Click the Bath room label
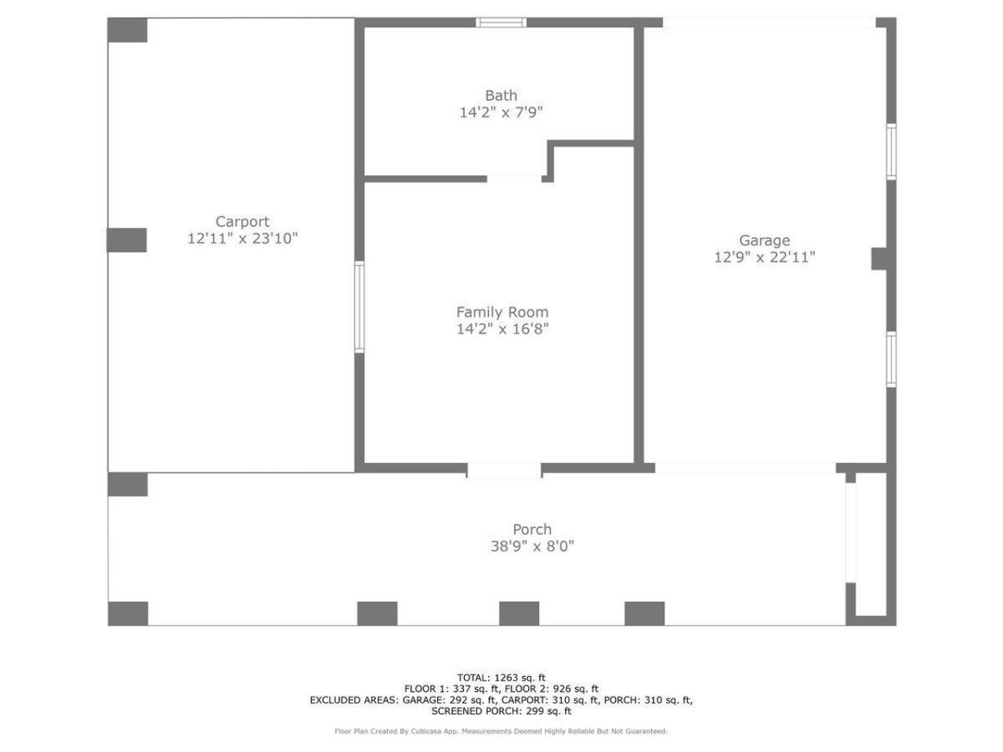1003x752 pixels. [x=501, y=96]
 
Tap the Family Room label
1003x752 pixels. [x=502, y=312]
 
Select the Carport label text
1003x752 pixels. [x=242, y=222]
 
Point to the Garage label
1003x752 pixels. [x=764, y=240]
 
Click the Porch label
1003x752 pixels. [x=532, y=530]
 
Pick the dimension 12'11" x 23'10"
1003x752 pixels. [x=242, y=239]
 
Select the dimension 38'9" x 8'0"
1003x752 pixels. [x=532, y=547]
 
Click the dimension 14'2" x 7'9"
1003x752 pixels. [x=501, y=113]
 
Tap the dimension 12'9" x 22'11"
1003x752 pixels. [x=764, y=258]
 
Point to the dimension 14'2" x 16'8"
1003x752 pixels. [x=502, y=329]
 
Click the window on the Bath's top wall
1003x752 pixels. [x=501, y=22]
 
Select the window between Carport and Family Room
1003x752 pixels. [x=360, y=307]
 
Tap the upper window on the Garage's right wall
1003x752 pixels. [x=891, y=151]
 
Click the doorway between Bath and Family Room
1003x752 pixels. [x=514, y=179]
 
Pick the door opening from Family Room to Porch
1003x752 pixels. [x=504, y=470]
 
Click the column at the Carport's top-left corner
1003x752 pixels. [x=127, y=30]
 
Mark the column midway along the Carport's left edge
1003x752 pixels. [x=127, y=240]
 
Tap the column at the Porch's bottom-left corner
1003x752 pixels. [x=128, y=613]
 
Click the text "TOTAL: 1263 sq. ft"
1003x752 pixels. [x=501, y=678]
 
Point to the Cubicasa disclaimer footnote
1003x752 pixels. [x=501, y=732]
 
